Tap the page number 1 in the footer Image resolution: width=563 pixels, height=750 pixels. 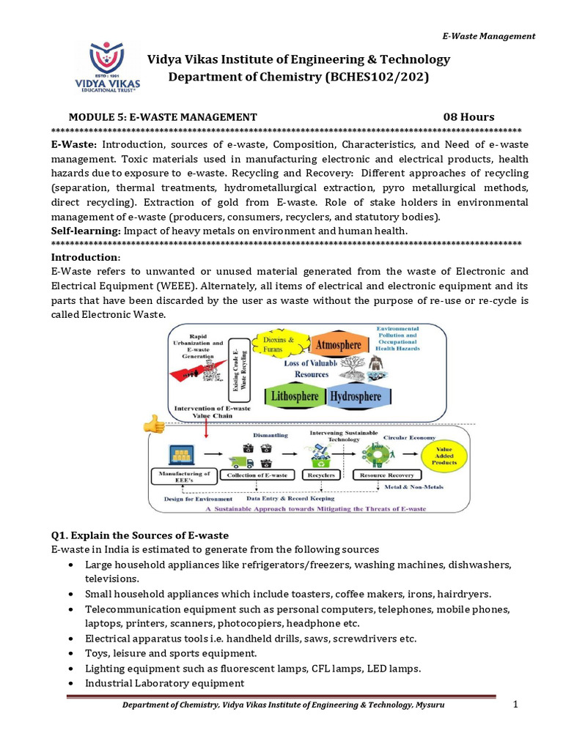[x=515, y=704]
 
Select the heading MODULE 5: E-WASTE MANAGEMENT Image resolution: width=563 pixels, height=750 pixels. [x=163, y=117]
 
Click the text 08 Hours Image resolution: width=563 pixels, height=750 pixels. [x=468, y=117]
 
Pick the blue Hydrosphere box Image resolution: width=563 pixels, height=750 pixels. [x=356, y=396]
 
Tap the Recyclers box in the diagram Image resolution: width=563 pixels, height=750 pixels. [x=321, y=475]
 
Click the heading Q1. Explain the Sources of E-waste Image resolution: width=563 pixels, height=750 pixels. [x=139, y=535]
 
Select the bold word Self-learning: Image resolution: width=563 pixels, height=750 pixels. [x=86, y=231]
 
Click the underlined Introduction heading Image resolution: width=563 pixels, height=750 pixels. [x=85, y=258]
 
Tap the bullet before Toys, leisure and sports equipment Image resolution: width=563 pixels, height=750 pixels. [x=70, y=653]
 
